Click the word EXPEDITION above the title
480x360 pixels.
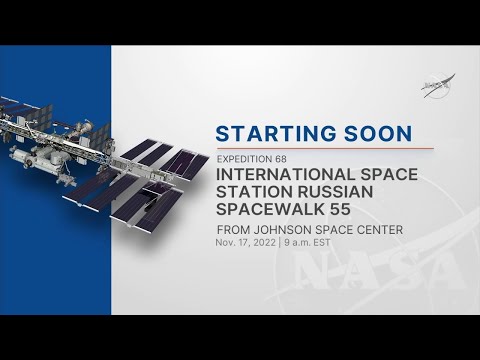coord(244,159)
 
